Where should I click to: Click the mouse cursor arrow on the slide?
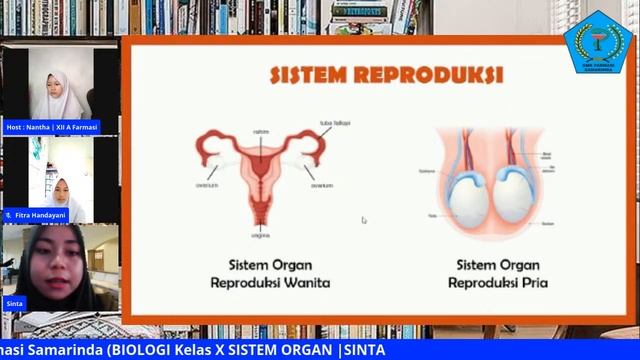point(364,220)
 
